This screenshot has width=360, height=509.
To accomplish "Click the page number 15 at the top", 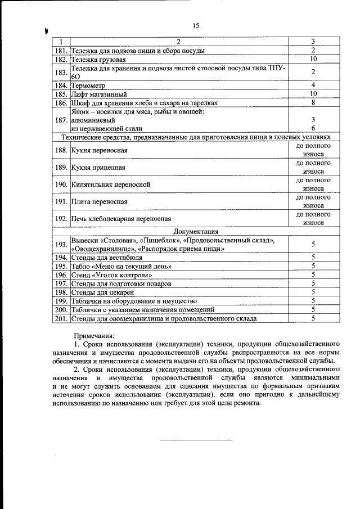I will [196, 25].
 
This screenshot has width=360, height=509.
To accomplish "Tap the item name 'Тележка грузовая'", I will [98, 59].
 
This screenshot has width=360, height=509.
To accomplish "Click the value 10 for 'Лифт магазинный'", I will [314, 94].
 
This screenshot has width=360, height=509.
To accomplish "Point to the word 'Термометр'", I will [90, 85].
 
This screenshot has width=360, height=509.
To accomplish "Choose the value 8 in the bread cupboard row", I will [313, 102].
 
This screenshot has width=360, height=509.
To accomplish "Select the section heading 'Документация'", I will [196, 231].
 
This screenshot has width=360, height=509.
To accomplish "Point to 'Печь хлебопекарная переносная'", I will [120, 218].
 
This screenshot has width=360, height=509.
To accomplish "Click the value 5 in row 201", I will [313, 318].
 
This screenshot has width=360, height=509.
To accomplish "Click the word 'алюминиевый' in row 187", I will [93, 120].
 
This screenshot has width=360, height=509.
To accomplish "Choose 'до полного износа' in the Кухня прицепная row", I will [313, 168].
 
